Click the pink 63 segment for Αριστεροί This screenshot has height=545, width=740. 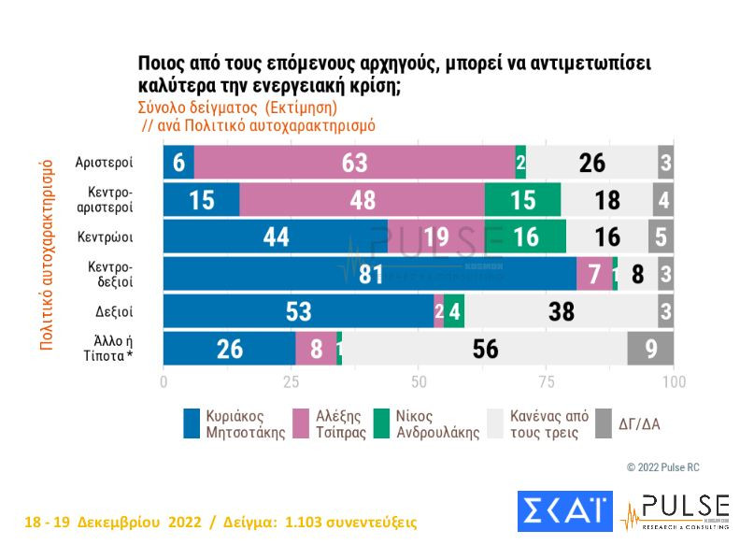click(354, 163)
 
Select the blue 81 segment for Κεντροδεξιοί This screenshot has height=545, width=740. click(370, 274)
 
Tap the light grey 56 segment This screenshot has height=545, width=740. click(485, 349)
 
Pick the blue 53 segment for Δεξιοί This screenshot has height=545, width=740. click(298, 311)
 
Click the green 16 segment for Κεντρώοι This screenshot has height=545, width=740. click(525, 237)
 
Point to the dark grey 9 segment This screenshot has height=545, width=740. click(650, 349)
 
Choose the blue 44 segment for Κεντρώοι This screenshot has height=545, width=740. click(276, 237)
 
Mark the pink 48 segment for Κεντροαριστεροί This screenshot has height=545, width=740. click(362, 200)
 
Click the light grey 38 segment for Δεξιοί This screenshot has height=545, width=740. click(561, 311)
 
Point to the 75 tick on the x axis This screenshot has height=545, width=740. click(547, 382)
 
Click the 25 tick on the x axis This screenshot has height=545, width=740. click(292, 382)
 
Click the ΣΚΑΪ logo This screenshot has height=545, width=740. click(564, 511)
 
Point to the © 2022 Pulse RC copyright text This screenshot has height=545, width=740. click(662, 466)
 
